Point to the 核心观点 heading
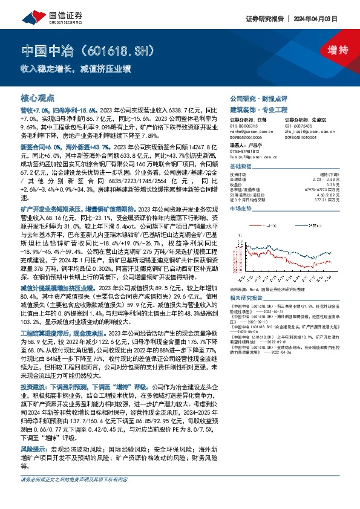click(38, 97)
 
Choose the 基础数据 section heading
click(240, 166)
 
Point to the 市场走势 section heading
click(240, 207)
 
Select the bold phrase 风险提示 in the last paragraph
click(34, 450)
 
